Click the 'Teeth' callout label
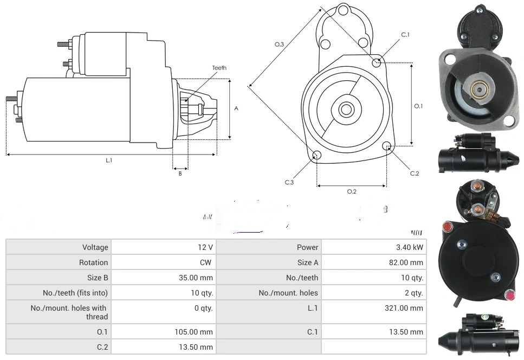(x=219, y=68)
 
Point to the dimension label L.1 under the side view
(x=109, y=160)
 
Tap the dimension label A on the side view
(x=236, y=108)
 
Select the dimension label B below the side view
(x=180, y=173)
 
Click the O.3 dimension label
(x=279, y=44)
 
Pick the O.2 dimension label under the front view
(x=352, y=191)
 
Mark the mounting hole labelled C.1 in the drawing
(x=377, y=62)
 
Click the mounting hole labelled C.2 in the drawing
(x=387, y=146)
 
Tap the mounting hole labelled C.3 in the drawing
(x=318, y=156)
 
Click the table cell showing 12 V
(x=205, y=247)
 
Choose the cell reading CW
(x=207, y=262)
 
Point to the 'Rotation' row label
(x=93, y=262)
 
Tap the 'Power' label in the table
(x=307, y=247)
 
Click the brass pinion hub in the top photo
(x=480, y=91)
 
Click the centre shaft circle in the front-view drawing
(x=346, y=110)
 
